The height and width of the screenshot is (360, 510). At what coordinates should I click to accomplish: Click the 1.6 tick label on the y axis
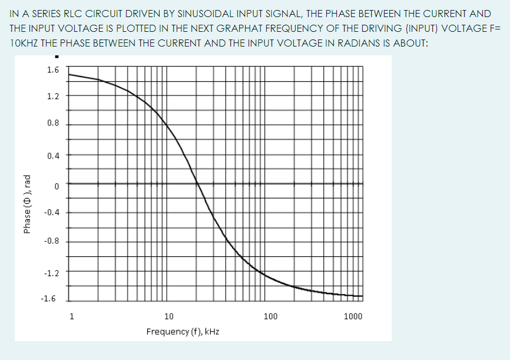[x=52, y=70]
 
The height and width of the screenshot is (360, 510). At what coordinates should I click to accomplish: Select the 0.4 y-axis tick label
[x=52, y=156]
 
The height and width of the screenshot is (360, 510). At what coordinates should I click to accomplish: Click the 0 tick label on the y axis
[x=57, y=186]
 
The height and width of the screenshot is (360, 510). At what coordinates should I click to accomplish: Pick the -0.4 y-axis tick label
[x=51, y=213]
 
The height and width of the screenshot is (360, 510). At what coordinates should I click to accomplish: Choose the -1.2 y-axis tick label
[x=51, y=273]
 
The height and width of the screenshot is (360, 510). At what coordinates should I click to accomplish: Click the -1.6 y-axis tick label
[x=48, y=299]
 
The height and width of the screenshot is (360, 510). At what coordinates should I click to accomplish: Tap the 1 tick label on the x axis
[x=72, y=316]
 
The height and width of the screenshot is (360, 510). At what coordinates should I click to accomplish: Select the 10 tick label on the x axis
[x=169, y=316]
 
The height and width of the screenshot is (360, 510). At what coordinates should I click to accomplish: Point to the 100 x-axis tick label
[x=270, y=316]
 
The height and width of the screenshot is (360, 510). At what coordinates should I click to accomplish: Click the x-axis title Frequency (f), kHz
[x=183, y=332]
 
